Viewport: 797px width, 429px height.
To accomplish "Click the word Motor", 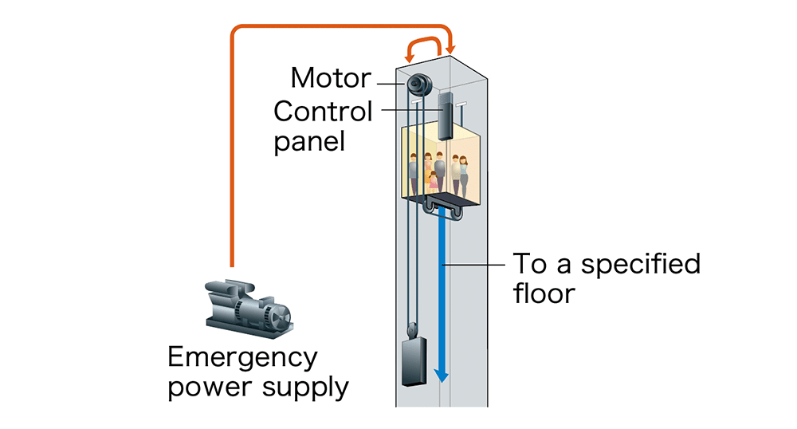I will point(331,78).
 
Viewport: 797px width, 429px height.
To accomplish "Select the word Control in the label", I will point(323,111).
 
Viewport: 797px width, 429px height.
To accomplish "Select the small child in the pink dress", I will point(434,179).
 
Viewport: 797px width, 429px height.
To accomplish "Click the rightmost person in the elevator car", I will point(463,175).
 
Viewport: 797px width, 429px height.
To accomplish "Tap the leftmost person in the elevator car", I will point(413,172).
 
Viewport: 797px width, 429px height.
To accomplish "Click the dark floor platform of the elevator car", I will point(447,199).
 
